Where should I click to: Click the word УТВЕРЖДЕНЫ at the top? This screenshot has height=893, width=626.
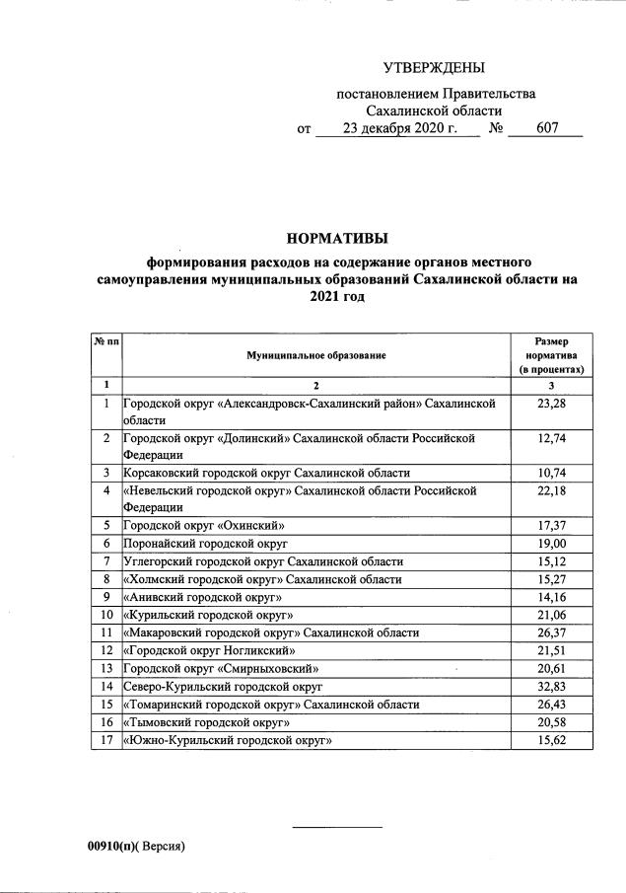[435, 68]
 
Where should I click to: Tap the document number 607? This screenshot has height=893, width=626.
[547, 128]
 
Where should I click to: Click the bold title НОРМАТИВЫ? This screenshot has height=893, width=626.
[337, 238]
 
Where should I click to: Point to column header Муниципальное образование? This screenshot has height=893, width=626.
[316, 354]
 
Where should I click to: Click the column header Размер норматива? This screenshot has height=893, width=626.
[552, 354]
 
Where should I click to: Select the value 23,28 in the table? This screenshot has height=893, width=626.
[552, 404]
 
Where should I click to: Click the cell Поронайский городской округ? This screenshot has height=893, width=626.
[205, 543]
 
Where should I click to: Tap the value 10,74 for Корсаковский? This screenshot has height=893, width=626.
[552, 473]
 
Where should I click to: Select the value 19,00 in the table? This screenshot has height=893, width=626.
[552, 543]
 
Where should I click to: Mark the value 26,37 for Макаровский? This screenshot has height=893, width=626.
[552, 632]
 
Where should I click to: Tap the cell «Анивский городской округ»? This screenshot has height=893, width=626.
[203, 596]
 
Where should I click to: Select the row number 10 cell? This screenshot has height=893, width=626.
[105, 614]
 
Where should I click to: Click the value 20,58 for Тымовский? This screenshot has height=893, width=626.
[552, 722]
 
